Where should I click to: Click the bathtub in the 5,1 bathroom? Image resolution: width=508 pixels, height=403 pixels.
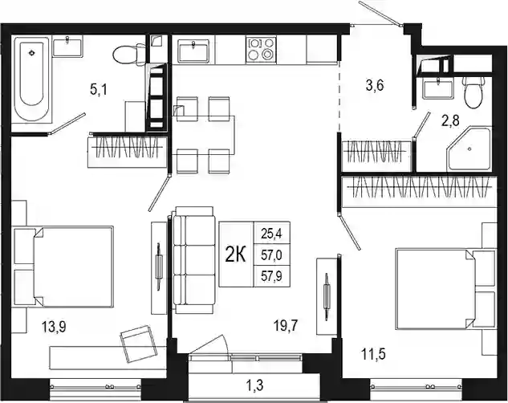(31, 79)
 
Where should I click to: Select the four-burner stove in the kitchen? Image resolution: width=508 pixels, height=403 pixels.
(261, 50)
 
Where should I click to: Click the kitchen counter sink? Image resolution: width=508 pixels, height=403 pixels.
(193, 51)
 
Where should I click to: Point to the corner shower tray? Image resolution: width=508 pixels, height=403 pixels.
(469, 149)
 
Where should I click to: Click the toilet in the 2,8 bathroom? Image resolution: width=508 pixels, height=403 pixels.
(473, 92)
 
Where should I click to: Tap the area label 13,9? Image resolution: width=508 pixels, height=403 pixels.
(54, 328)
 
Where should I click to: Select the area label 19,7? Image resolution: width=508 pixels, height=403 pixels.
(286, 325)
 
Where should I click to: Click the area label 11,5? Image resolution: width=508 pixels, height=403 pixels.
(373, 354)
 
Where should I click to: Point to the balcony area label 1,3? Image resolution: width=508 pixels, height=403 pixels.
(254, 385)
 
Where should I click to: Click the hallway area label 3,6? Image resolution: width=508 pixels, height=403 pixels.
(375, 86)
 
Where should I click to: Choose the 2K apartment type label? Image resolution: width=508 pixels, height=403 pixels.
(235, 255)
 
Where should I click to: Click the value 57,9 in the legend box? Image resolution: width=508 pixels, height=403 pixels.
(271, 276)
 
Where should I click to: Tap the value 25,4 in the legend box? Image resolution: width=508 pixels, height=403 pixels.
(271, 234)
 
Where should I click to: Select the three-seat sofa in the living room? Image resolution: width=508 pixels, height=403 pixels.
(193, 260)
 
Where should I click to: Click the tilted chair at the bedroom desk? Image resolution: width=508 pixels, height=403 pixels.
(138, 344)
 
